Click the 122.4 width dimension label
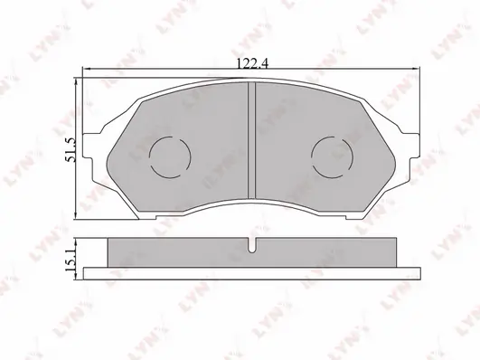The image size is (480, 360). (252, 63)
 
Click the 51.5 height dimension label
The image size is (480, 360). (71, 149)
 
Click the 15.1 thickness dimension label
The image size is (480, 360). (71, 260)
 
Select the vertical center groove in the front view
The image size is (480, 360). (251, 140)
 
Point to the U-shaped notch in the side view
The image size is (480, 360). (251, 245)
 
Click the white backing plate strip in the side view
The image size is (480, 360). (252, 273)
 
